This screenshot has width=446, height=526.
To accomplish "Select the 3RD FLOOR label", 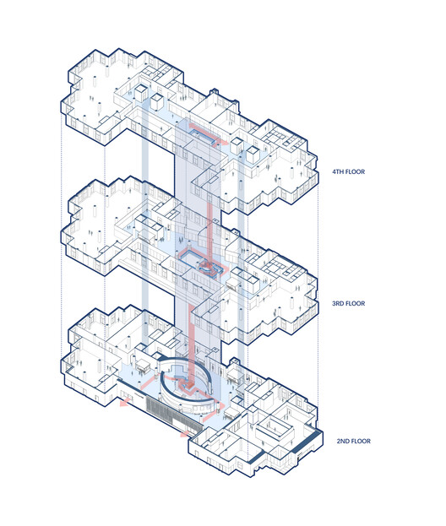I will point(349,304).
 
